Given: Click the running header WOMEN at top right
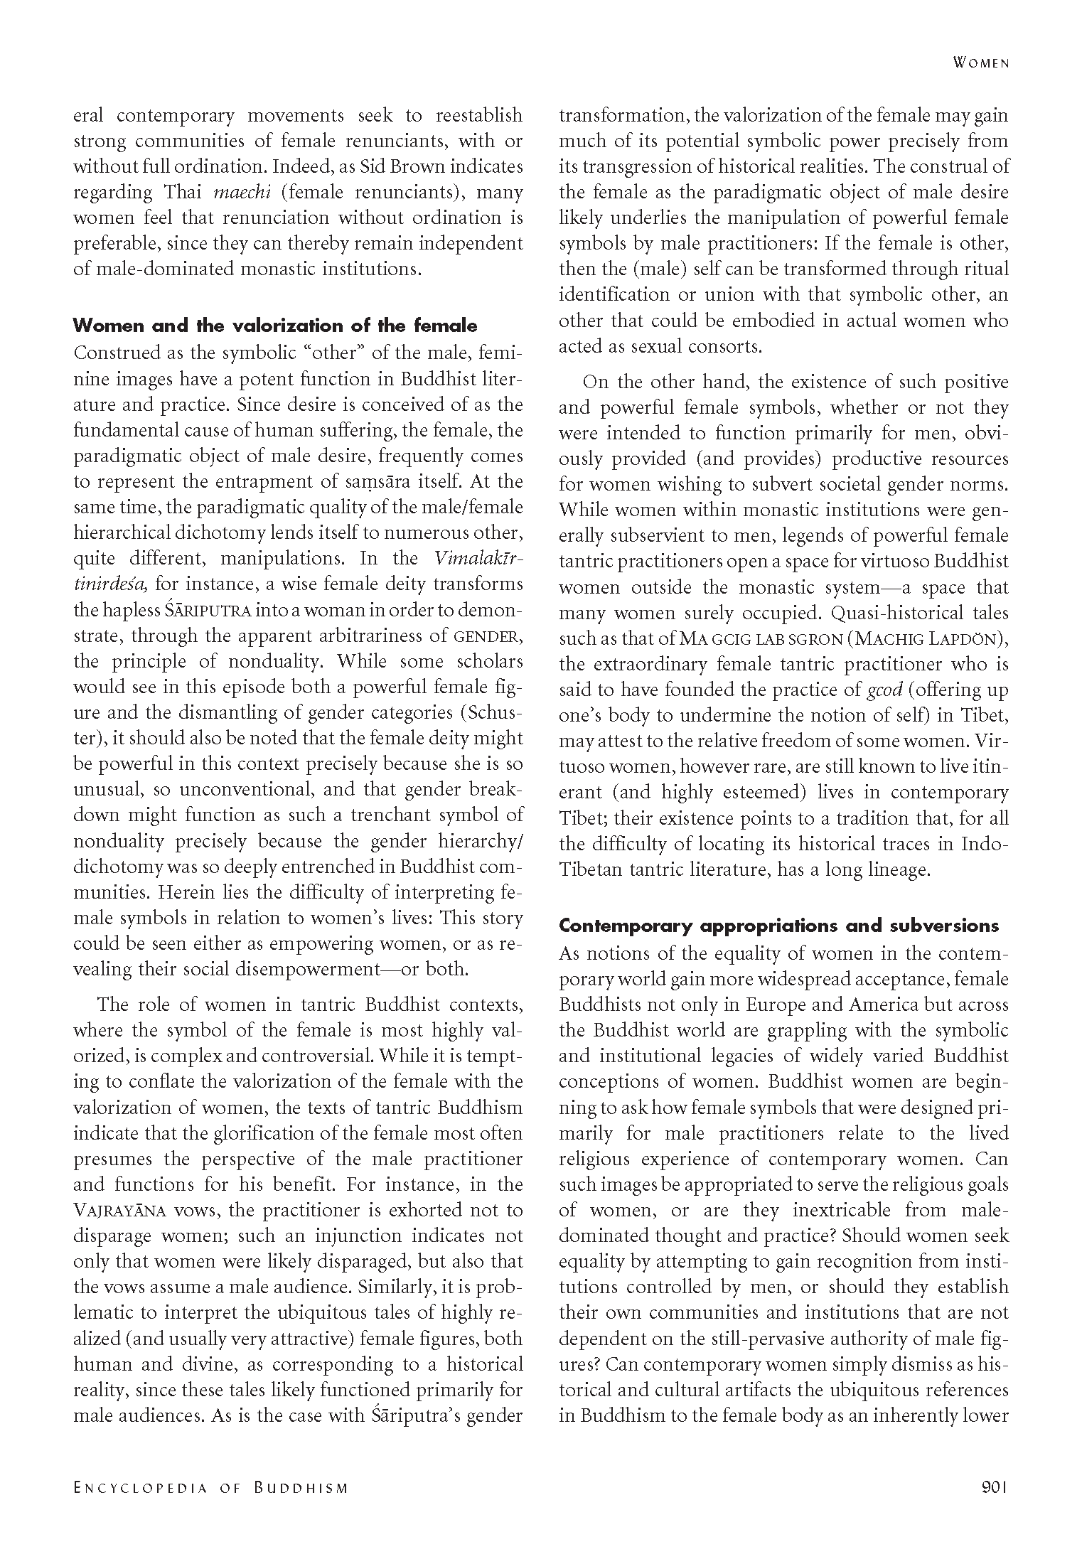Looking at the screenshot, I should [x=980, y=63].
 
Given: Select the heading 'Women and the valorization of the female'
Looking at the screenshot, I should [x=275, y=326].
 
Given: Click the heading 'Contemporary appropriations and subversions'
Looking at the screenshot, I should [x=778, y=926].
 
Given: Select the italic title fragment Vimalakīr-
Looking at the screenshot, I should [x=477, y=559].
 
